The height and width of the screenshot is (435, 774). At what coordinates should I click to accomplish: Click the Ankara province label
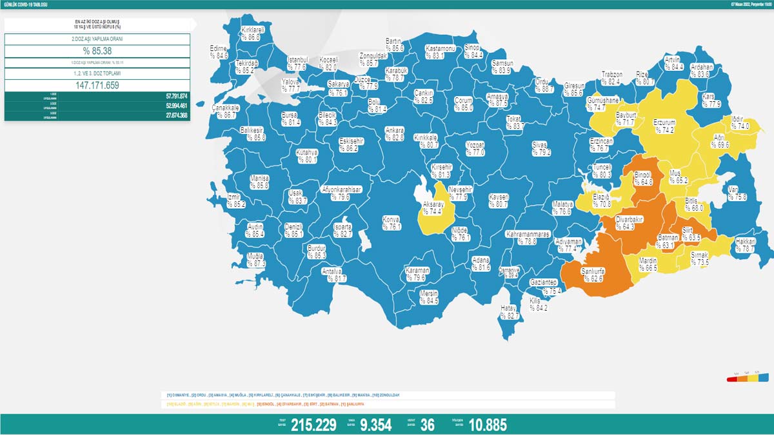point(394,133)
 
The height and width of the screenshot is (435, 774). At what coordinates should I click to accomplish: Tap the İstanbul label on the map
point(297,63)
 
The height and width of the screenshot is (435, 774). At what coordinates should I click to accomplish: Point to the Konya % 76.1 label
point(392,222)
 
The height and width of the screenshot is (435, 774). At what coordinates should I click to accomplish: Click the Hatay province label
point(510,312)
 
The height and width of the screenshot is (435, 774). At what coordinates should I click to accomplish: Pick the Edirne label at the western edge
point(219,52)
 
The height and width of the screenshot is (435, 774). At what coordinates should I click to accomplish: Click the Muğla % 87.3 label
point(256,260)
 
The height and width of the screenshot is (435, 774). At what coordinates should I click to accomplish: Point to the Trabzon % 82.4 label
point(611,78)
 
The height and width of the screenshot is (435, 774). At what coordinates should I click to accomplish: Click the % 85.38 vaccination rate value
point(97,52)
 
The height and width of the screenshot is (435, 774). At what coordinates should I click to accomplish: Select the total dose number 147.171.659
point(97,84)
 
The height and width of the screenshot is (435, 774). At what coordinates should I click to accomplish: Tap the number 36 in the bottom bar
point(427,425)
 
